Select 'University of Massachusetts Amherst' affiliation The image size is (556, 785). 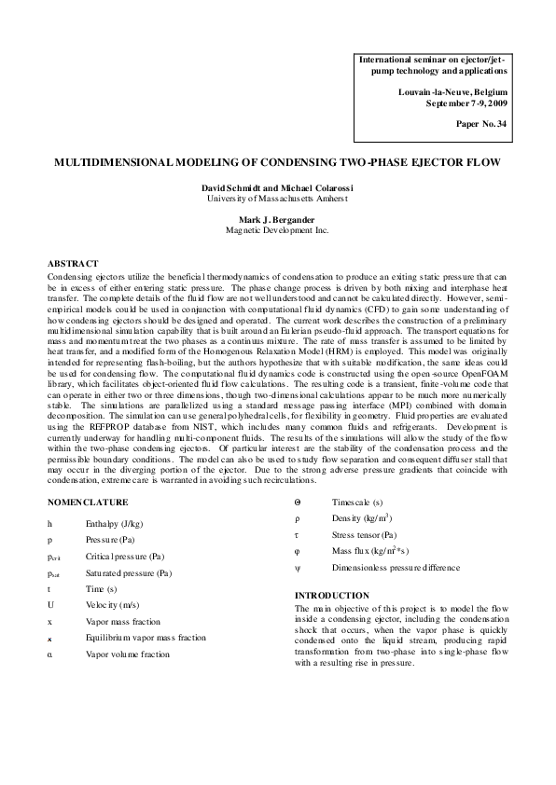click(277, 198)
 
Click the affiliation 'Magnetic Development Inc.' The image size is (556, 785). click(277, 229)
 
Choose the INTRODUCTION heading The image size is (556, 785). click(331, 595)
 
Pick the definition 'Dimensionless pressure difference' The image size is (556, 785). click(395, 568)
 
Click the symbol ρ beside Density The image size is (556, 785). click(297, 518)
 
